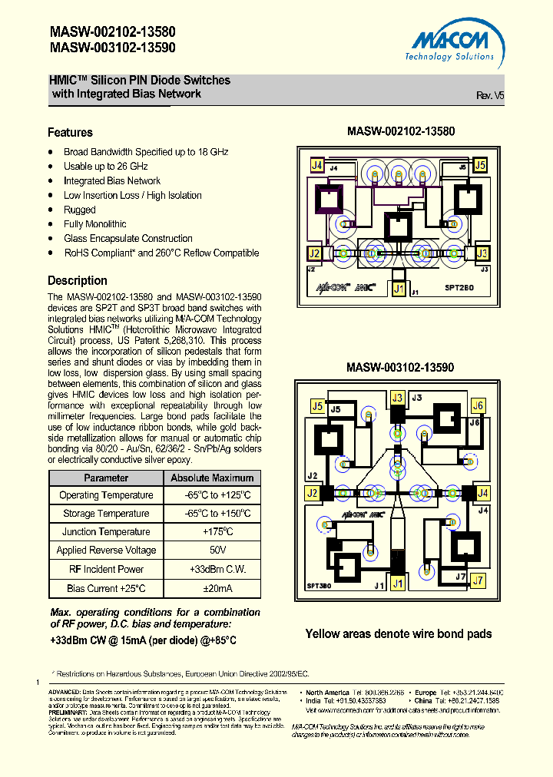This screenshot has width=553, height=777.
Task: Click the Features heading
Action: (x=70, y=132)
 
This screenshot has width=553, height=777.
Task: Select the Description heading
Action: (x=78, y=280)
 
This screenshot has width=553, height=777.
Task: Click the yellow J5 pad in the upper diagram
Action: (x=480, y=165)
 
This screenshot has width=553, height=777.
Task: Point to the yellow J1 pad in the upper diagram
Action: (x=398, y=289)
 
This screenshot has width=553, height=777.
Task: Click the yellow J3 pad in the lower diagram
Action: (x=397, y=398)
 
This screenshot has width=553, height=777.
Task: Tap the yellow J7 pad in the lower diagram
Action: (x=478, y=580)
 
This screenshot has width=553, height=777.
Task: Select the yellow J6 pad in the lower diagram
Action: (x=478, y=406)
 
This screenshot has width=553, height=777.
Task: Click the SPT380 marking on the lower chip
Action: (x=320, y=585)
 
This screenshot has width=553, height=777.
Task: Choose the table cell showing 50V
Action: (x=217, y=551)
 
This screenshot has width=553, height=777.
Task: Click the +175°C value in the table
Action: (x=217, y=532)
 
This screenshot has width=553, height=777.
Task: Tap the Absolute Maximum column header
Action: (x=212, y=478)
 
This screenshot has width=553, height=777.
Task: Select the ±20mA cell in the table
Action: (x=217, y=588)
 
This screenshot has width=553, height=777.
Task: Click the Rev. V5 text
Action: (x=490, y=95)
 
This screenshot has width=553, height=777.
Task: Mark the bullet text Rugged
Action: (x=80, y=210)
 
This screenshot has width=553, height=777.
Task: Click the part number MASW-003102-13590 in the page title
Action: (x=113, y=48)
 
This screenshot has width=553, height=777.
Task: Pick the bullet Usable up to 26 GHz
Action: (x=106, y=167)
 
